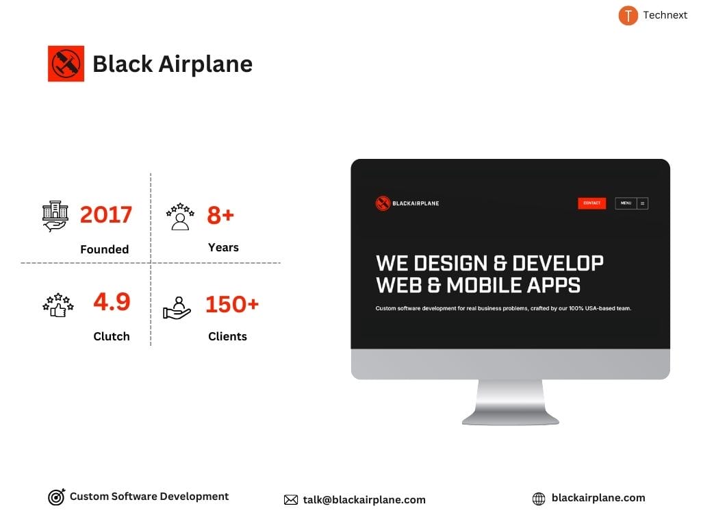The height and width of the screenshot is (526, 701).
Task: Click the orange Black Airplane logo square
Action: tap(66, 64)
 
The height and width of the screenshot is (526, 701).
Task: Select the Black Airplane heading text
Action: tap(173, 64)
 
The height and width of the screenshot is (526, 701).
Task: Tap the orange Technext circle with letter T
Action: tap(628, 15)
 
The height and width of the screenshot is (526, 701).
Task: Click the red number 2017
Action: tap(106, 215)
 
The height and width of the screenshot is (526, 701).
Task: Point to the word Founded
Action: tap(104, 249)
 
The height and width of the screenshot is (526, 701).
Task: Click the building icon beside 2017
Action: tap(55, 216)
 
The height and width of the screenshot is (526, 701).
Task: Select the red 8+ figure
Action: tap(220, 215)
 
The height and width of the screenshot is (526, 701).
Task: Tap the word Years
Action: tap(223, 247)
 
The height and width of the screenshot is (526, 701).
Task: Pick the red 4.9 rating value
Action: tap(112, 302)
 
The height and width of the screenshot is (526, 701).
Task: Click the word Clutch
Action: tap(112, 336)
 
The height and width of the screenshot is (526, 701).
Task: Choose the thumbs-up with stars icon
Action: tap(58, 305)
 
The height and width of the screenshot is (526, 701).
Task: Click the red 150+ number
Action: tap(232, 304)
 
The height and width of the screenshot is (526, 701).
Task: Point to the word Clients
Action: tap(227, 336)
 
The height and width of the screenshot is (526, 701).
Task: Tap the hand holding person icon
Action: tap(177, 308)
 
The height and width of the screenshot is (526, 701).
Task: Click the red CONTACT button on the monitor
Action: tap(591, 203)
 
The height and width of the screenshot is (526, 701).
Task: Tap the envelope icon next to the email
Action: tap(291, 500)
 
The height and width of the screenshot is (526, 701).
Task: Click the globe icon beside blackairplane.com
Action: tap(539, 499)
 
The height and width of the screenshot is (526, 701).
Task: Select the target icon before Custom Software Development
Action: tap(56, 497)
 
